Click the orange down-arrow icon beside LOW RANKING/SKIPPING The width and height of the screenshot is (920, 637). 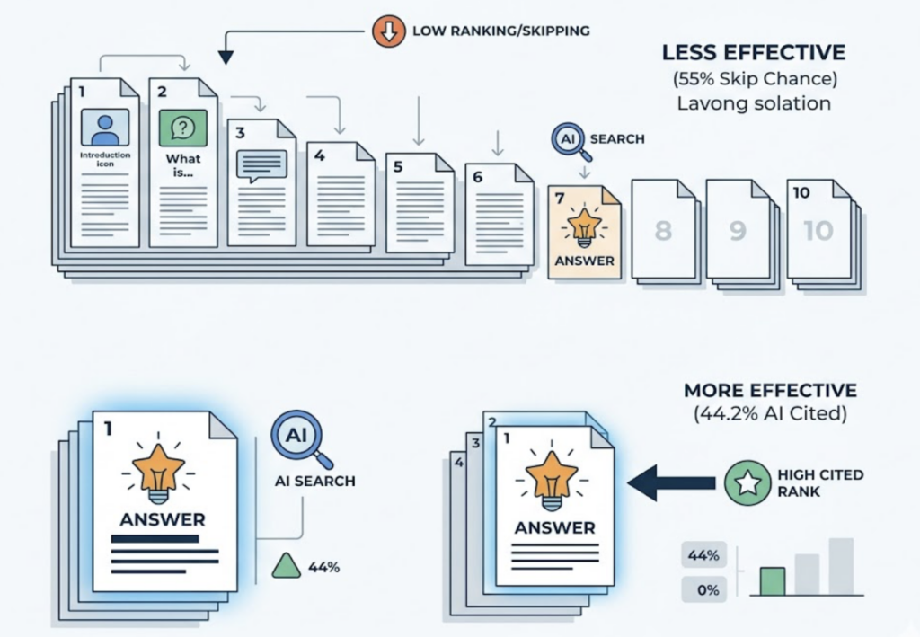[385, 31]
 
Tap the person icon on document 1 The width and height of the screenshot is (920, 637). [105, 128]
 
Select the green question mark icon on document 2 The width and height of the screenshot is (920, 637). [182, 128]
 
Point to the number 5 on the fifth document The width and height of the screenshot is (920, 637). [397, 165]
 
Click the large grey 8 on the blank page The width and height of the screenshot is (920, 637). [663, 230]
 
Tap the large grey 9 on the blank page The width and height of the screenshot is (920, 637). [738, 230]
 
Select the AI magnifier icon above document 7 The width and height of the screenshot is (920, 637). [568, 141]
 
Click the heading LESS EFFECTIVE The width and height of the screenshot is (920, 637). [753, 52]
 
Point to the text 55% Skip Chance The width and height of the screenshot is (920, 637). [753, 78]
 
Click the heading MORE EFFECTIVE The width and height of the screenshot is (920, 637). [770, 391]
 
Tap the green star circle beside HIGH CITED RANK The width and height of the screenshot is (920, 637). [746, 482]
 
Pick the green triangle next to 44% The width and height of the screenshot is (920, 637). [286, 566]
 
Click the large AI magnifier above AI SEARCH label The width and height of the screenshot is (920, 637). [298, 436]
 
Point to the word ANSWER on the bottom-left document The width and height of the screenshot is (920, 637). [163, 519]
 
